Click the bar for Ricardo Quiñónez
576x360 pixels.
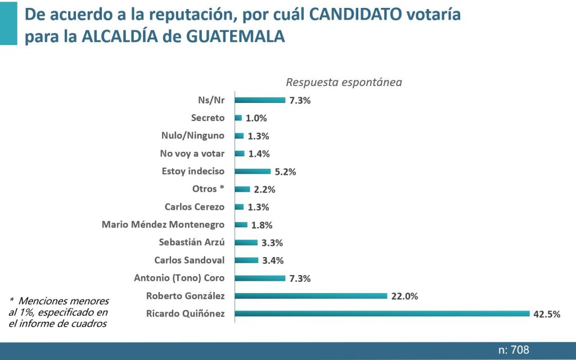[382, 313]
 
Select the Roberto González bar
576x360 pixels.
[311, 295]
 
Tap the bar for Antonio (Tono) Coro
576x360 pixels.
[260, 278]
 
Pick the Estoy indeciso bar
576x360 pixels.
[253, 171]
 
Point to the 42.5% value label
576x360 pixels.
[547, 314]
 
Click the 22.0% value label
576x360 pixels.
[404, 296]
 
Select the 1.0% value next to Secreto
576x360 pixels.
[256, 118]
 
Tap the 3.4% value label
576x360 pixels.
[272, 260]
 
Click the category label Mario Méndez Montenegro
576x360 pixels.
[163, 224]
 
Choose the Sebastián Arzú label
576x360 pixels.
[192, 242]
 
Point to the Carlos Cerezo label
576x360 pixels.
[195, 207]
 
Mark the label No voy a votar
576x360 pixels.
[192, 154]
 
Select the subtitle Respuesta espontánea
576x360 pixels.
[344, 82]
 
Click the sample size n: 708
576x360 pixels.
[514, 350]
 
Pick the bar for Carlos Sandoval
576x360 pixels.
[246, 260]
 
